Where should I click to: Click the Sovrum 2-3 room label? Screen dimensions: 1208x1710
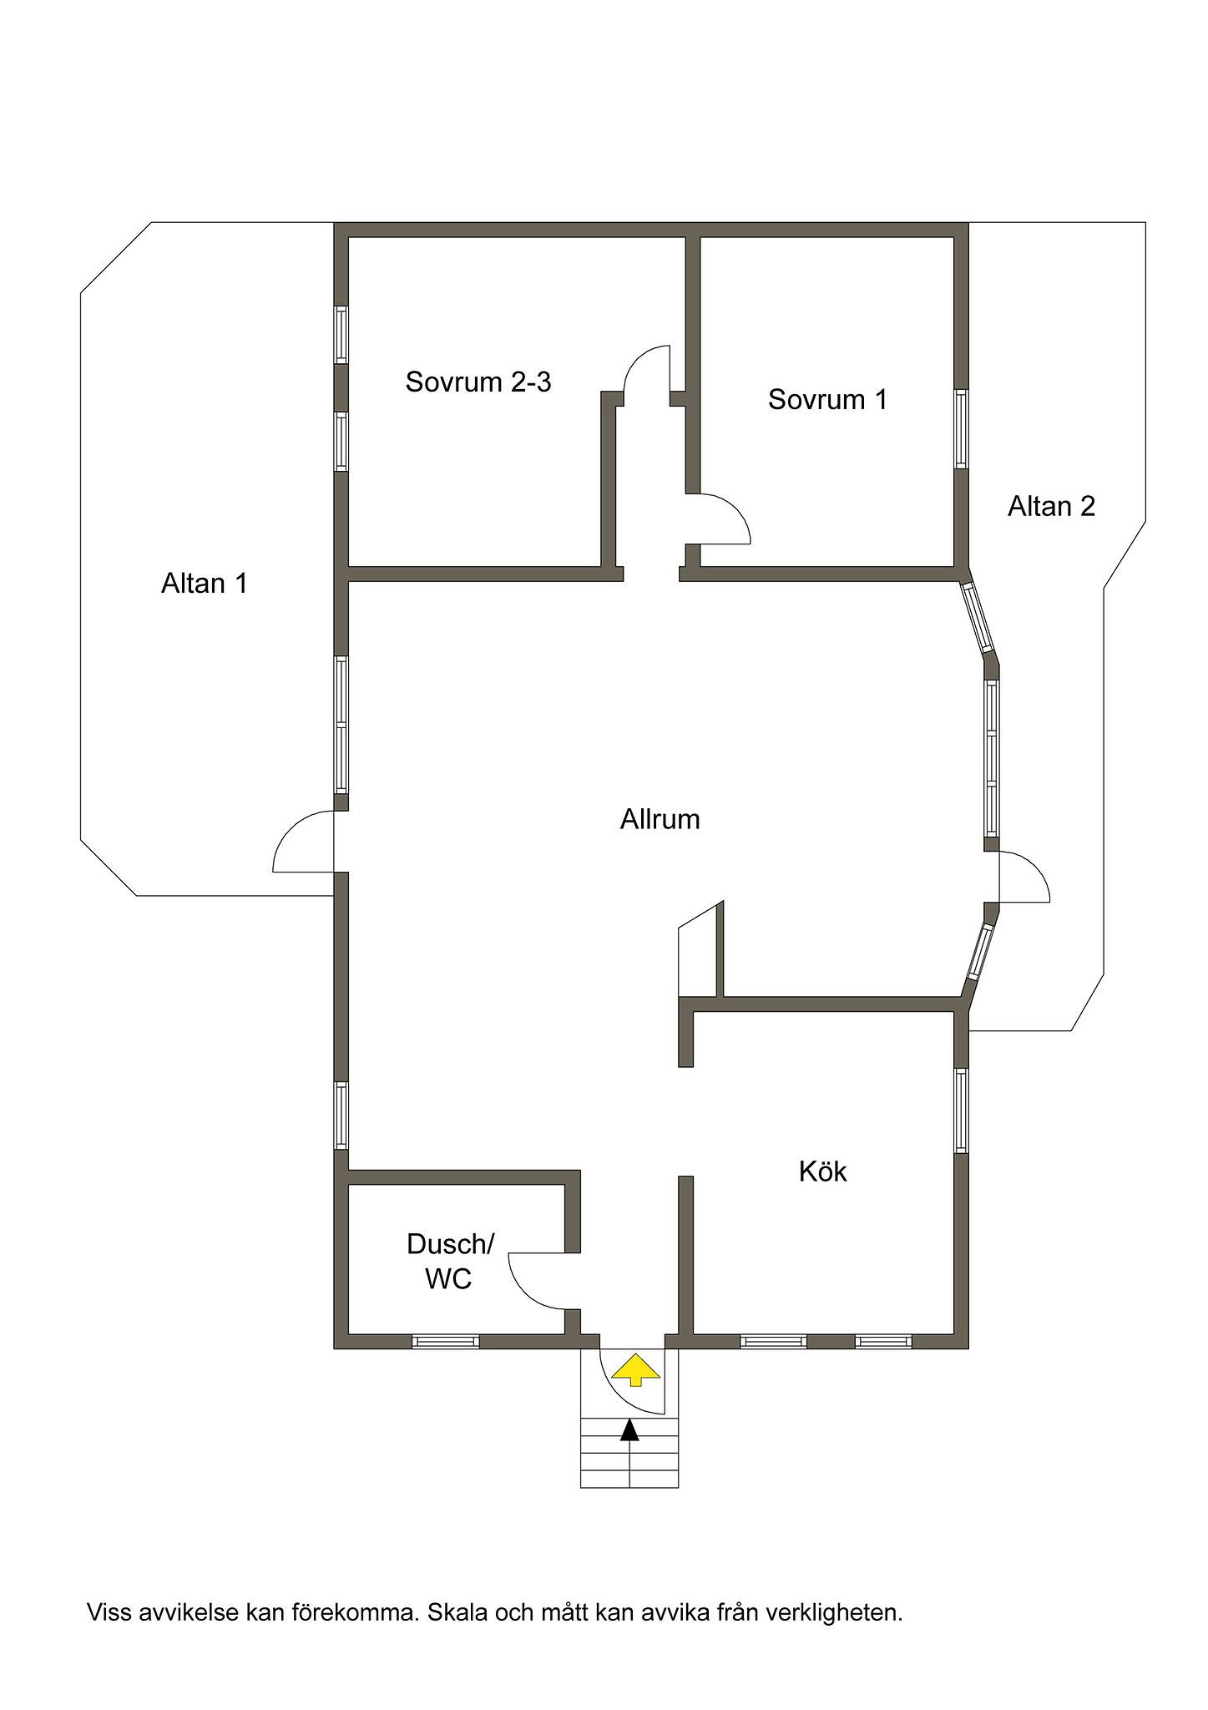478,382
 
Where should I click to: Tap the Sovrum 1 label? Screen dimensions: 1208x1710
827,399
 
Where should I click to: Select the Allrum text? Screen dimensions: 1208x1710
660,819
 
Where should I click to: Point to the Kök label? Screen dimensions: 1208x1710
822,1171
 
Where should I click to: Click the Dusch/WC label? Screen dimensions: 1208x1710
450,1261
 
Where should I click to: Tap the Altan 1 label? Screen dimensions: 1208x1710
205,583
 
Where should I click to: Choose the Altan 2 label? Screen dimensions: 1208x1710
1051,506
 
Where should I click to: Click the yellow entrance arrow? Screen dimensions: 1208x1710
636,1369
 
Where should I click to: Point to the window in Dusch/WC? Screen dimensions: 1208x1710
446,1341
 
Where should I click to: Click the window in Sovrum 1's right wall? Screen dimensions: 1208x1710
962,427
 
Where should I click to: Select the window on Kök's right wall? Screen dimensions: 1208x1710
962,1110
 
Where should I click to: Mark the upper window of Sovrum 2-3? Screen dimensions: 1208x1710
341,334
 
